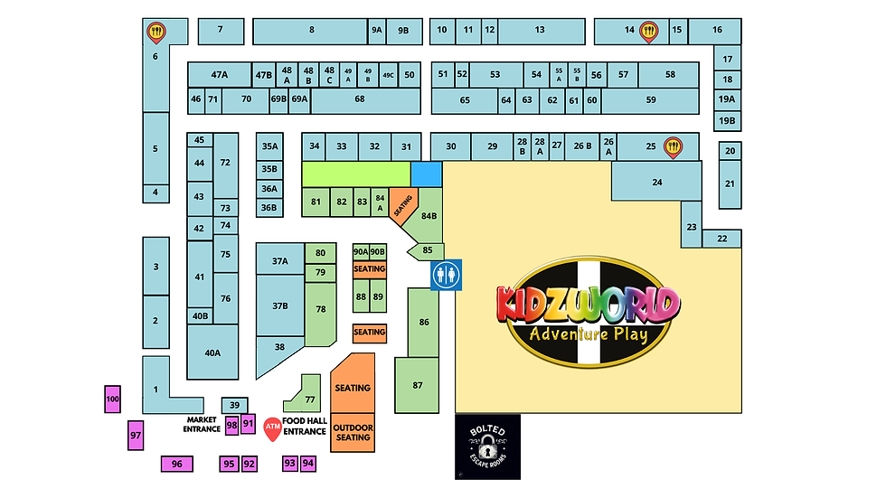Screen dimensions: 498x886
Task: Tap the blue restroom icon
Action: pyautogui.click(x=446, y=274)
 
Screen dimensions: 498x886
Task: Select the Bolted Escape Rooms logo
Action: pyautogui.click(x=487, y=446)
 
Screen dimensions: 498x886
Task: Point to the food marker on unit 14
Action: pyautogui.click(x=648, y=32)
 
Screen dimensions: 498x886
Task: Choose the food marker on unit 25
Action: pyautogui.click(x=672, y=146)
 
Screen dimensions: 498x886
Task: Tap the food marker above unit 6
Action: pyautogui.click(x=156, y=33)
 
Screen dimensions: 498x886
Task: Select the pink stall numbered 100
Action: pyautogui.click(x=112, y=399)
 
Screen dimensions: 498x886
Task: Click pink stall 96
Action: pyautogui.click(x=176, y=464)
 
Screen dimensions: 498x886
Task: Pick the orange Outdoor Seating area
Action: pyautogui.click(x=353, y=432)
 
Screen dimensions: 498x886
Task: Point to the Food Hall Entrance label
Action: pyautogui.click(x=305, y=425)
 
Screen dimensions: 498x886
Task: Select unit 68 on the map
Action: pyautogui.click(x=360, y=99)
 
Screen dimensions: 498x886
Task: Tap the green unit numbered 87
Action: pyautogui.click(x=418, y=385)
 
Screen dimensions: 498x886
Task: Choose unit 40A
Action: pyautogui.click(x=212, y=352)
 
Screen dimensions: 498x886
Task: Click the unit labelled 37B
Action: pyautogui.click(x=279, y=305)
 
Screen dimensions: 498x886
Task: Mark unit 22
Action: pyautogui.click(x=721, y=239)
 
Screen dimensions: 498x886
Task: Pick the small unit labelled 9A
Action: pyautogui.click(x=377, y=31)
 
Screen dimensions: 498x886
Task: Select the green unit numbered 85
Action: pyautogui.click(x=428, y=250)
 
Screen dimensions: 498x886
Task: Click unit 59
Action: pyautogui.click(x=651, y=99)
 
